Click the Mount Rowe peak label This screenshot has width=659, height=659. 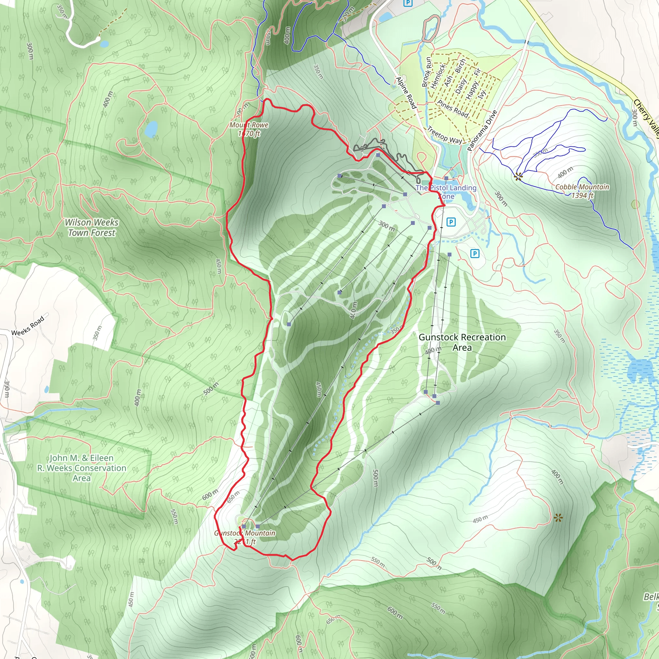(x=249, y=129)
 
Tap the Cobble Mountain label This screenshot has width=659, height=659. (x=582, y=191)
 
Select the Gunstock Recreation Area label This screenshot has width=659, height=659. (x=462, y=342)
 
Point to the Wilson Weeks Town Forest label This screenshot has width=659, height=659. (x=91, y=227)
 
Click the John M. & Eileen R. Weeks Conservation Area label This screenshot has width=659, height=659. (x=82, y=468)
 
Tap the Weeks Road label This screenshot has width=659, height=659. (x=28, y=326)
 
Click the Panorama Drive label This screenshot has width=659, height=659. (x=482, y=131)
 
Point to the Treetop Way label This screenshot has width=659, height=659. (x=444, y=135)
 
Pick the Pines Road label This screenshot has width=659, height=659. (x=453, y=108)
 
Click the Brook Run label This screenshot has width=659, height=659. (x=426, y=72)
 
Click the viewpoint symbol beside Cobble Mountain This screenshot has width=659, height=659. (x=518, y=176)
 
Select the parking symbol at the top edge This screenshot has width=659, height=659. (x=408, y=3)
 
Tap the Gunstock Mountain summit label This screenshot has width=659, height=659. (x=245, y=537)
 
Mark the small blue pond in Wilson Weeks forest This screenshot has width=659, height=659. (x=151, y=129)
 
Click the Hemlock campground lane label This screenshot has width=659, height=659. (x=438, y=76)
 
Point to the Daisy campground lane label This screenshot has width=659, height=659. (x=461, y=86)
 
